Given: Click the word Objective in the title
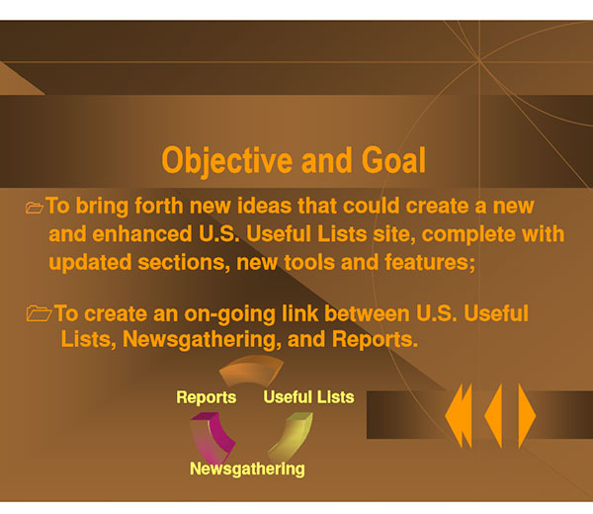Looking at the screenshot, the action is (227, 161).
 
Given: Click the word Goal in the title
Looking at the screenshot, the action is (393, 160).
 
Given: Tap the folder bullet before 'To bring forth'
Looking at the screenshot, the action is (35, 208).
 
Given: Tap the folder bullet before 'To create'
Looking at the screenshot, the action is (39, 313).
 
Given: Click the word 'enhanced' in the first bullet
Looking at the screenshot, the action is (142, 234).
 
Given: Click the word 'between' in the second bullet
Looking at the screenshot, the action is (367, 313).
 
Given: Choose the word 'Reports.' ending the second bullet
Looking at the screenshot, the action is (375, 340).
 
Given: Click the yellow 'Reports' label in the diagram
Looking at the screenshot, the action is (207, 398).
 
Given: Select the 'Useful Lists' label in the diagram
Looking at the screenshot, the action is (308, 397).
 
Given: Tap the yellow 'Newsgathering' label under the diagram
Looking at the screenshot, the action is (247, 469).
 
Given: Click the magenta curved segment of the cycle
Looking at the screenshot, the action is (212, 436).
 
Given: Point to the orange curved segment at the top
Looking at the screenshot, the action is (251, 370).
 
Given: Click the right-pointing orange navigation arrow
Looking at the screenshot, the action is (527, 416).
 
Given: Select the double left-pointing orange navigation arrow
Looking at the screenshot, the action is (459, 416).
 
